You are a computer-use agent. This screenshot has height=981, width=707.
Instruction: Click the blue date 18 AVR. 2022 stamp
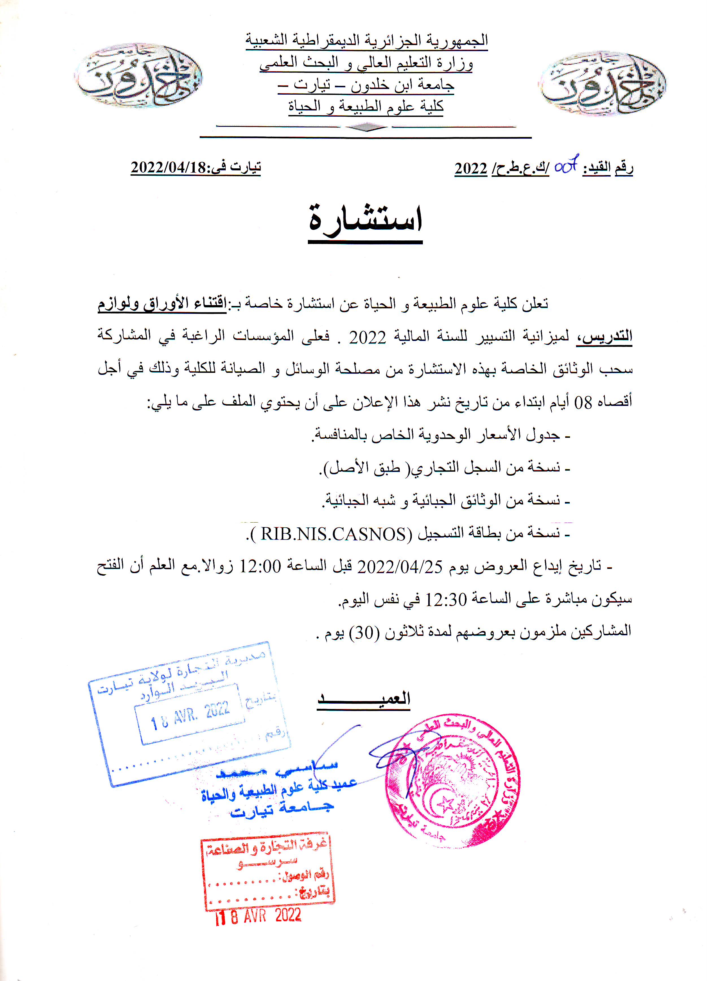click(190, 716)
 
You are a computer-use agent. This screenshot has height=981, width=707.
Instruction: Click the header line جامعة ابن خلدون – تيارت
click(366, 85)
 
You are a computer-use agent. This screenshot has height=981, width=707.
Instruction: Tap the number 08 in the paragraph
click(582, 403)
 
